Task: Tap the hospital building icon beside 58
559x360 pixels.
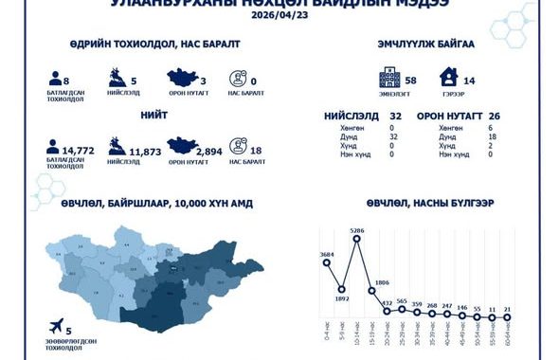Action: point(387,78)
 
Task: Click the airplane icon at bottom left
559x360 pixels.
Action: point(60,324)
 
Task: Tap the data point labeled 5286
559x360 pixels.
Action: point(356,240)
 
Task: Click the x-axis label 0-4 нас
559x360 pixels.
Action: point(326,332)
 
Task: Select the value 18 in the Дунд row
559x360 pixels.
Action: point(490,137)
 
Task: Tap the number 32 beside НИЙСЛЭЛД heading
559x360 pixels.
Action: point(396,115)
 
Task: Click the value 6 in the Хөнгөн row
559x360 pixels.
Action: point(490,127)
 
